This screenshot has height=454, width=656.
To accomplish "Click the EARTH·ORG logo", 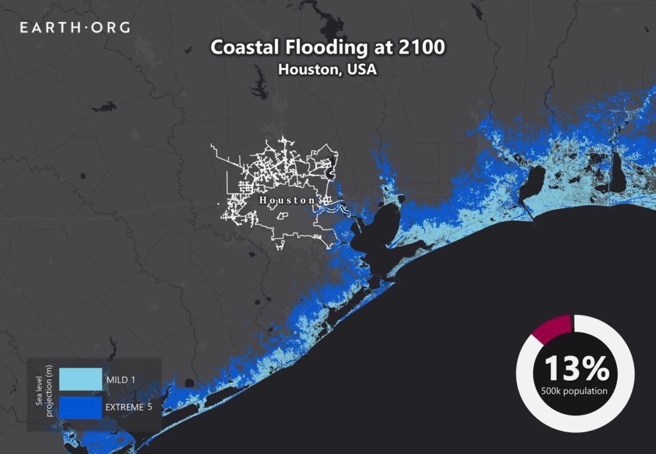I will tap(75, 28).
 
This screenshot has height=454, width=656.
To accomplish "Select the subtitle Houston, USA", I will tap(327, 69).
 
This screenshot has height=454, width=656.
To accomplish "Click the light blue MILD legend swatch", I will tap(80, 379).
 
